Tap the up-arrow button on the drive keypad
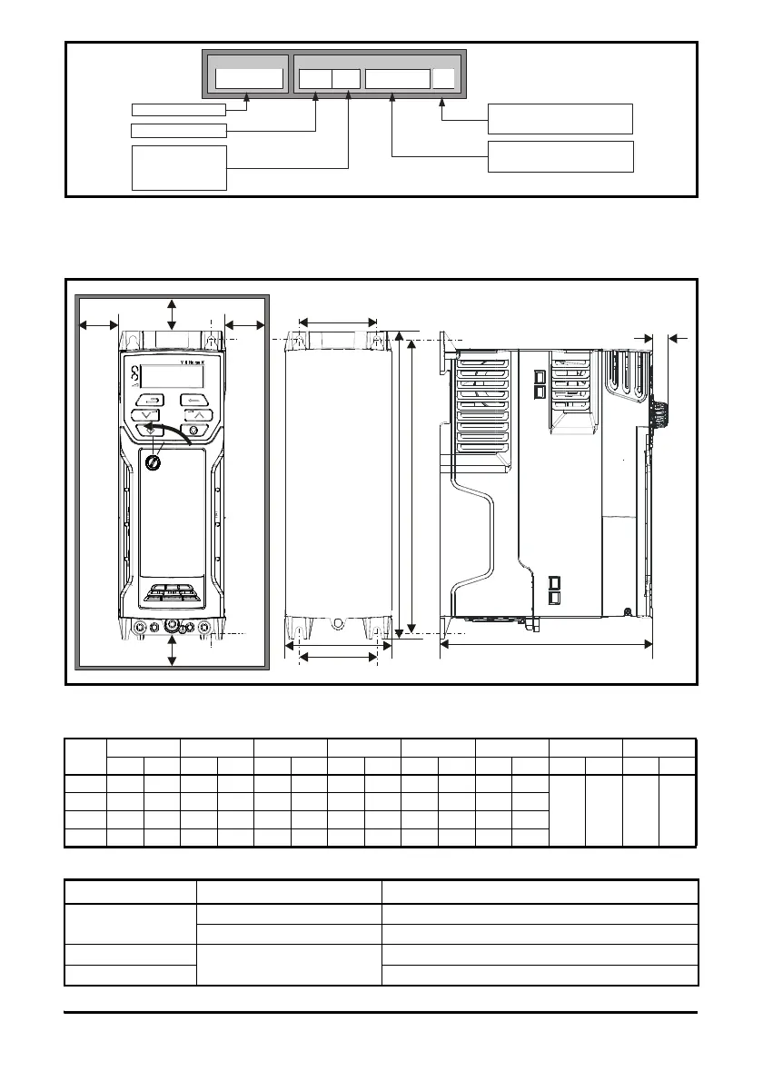(198, 416)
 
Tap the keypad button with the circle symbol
(193, 431)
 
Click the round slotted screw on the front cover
(153, 462)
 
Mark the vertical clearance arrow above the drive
(173, 313)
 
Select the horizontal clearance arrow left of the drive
(98, 322)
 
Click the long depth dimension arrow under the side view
(546, 645)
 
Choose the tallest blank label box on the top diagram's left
(179, 167)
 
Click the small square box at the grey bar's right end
(443, 79)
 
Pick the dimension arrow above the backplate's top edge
(337, 321)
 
